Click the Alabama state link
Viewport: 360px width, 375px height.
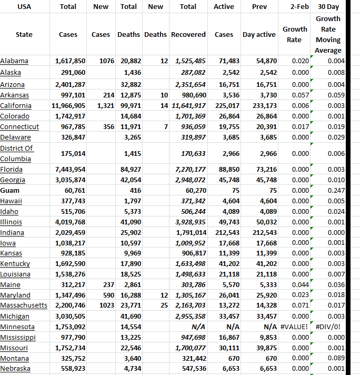click(14, 61)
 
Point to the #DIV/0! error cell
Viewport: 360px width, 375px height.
click(329, 327)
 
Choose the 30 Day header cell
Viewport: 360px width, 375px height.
click(328, 7)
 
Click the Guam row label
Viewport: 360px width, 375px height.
click(11, 190)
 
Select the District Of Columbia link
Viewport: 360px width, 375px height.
click(16, 153)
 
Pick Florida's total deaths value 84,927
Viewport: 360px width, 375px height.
click(131, 169)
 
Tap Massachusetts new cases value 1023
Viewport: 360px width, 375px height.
click(106, 305)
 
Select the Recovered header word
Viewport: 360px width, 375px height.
click(188, 34)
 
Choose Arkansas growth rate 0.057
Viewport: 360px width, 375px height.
click(300, 95)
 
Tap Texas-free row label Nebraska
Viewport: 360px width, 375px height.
click(15, 369)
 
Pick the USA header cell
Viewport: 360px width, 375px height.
click(24, 7)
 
